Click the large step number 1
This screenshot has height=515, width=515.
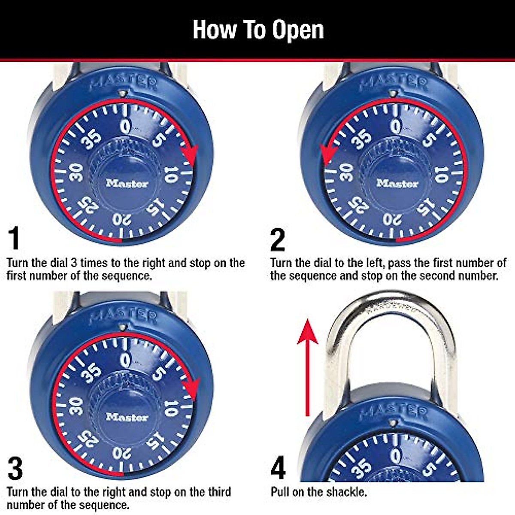point(14,239)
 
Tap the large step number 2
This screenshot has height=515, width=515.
point(278,240)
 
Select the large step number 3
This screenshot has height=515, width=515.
point(15,469)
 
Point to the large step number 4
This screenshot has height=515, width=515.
point(278,469)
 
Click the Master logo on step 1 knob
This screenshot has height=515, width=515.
point(127,184)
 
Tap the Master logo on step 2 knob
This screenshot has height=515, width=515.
point(397,184)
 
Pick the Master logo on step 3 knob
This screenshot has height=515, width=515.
point(127,417)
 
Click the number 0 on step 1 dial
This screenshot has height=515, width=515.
point(125,127)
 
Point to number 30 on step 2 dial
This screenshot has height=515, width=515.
point(346,172)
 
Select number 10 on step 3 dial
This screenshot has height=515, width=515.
point(171,408)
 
